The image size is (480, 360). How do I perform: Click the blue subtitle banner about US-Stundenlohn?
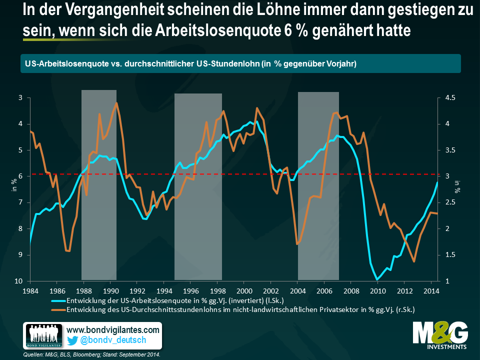coord(240,63)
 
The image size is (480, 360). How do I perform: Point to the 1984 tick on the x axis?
coord(30,290)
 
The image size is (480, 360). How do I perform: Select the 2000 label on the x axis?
coord(244,290)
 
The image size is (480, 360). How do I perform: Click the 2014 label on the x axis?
coord(431,290)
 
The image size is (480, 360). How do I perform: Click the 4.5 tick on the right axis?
coord(451,98)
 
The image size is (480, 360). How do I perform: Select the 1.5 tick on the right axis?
coord(451,255)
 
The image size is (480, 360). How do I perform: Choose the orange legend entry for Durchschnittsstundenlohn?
coord(240,309)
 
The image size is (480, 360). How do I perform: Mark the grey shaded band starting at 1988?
coord(99,185)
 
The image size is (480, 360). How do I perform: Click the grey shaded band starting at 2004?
coord(318,185)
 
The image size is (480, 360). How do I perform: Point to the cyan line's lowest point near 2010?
coord(377,279)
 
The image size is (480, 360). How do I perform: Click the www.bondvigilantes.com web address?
coord(113,330)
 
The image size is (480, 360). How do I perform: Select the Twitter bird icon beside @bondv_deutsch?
coord(72,340)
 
